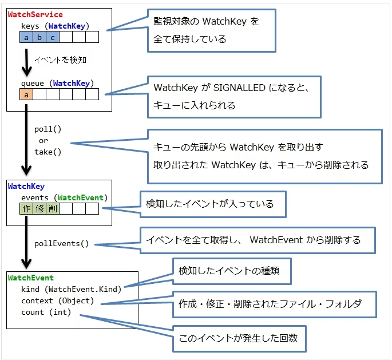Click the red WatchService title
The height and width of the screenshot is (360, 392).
(x=35, y=14)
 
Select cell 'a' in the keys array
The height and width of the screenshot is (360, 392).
(x=26, y=37)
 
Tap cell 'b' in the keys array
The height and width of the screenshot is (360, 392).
(x=39, y=37)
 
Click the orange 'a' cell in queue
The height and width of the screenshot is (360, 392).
(x=26, y=94)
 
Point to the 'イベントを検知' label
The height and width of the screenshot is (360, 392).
(x=60, y=60)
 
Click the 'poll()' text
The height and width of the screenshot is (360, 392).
(x=47, y=129)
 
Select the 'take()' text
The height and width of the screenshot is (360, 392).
(x=47, y=152)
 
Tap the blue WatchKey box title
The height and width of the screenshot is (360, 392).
(x=26, y=186)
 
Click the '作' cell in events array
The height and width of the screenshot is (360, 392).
(x=26, y=209)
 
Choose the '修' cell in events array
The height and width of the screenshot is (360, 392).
(x=39, y=209)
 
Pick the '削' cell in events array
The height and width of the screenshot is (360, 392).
(x=53, y=209)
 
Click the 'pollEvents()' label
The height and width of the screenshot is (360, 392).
(x=62, y=243)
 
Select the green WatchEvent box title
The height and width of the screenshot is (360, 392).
(x=30, y=278)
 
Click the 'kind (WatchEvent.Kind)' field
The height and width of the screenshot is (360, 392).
(x=72, y=289)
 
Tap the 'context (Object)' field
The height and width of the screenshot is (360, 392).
(x=57, y=300)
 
